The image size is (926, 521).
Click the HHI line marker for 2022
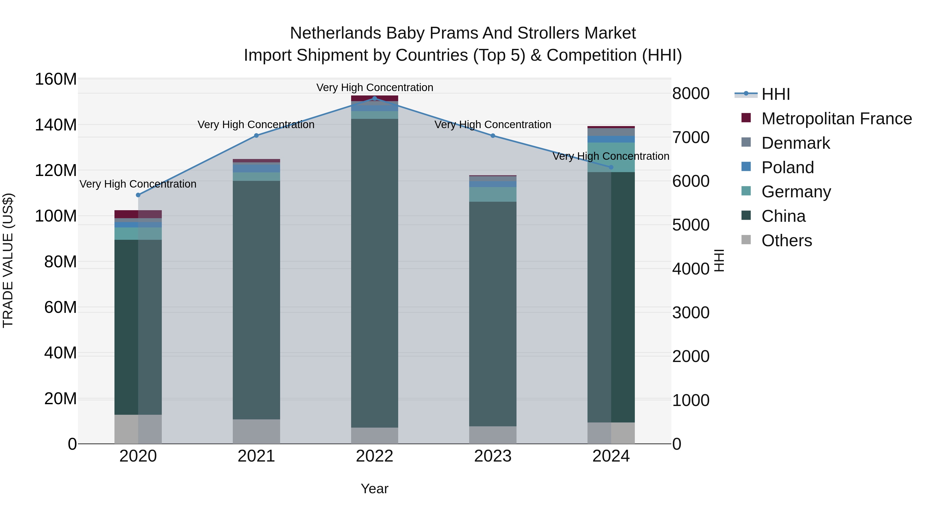(x=375, y=99)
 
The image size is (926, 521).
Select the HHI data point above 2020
(x=138, y=195)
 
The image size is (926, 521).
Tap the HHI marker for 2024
(x=611, y=167)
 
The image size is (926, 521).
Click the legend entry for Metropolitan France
(x=836, y=119)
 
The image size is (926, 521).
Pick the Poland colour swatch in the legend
(x=746, y=167)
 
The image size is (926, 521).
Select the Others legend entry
(x=787, y=241)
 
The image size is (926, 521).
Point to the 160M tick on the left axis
(x=56, y=79)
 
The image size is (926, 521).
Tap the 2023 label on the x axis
(x=493, y=456)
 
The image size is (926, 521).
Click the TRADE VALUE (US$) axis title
(x=8, y=260)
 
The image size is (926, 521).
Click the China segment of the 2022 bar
(x=375, y=273)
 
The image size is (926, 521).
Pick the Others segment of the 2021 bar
(x=256, y=431)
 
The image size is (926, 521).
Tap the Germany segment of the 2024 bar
(x=611, y=157)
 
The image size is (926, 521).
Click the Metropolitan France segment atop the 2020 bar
(x=138, y=214)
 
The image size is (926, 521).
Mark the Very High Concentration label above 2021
(x=256, y=125)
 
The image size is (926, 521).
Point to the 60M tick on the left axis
(x=60, y=307)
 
